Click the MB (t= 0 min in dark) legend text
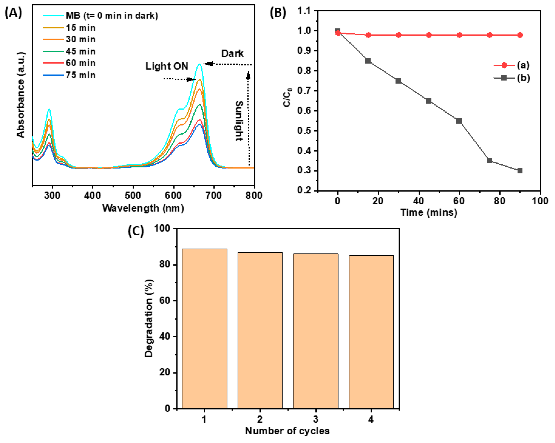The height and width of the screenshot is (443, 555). point(112,16)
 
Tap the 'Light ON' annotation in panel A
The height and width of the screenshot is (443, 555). point(167,66)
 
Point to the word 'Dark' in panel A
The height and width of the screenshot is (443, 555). point(232,54)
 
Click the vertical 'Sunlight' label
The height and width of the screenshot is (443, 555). point(239,121)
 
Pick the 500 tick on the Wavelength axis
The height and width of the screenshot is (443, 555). point(133,196)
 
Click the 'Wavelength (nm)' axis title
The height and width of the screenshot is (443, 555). point(143,208)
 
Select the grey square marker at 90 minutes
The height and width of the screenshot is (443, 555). point(520,171)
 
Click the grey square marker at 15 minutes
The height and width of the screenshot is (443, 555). point(368,61)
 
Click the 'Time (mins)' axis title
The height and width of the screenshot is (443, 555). point(429,212)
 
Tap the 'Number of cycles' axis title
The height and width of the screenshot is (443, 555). point(287,431)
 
